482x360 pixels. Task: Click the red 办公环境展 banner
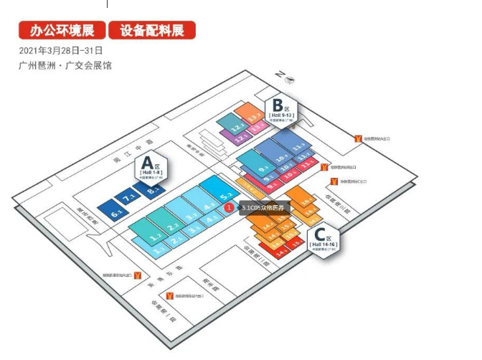[61, 31]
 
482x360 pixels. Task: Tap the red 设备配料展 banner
[152, 31]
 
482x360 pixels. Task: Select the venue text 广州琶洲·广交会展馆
[66, 66]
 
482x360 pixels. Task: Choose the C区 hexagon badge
[323, 237]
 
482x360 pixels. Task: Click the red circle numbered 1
[229, 207]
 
